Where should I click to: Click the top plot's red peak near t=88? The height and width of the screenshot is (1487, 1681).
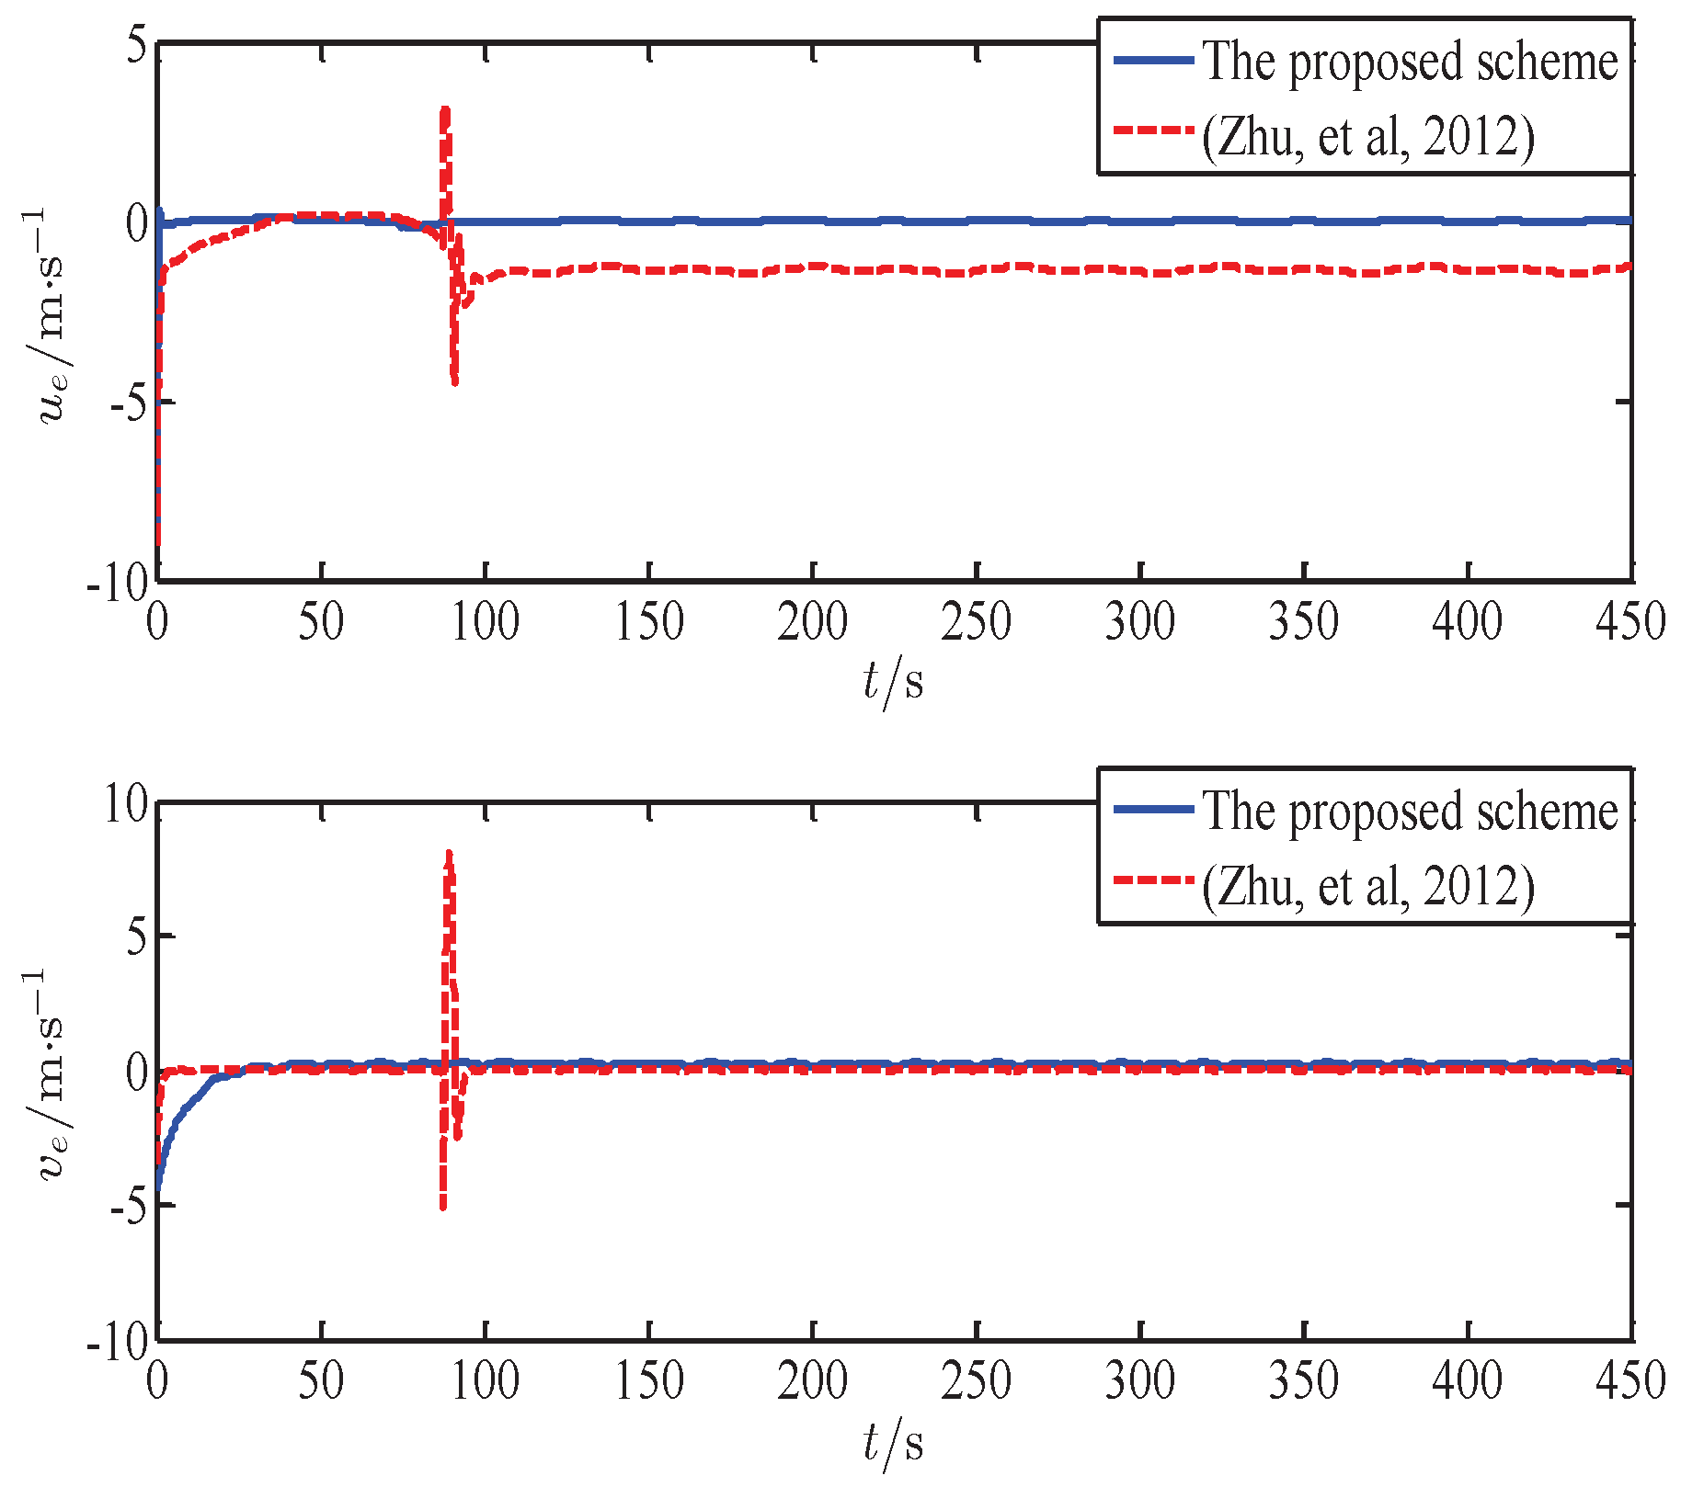tap(445, 111)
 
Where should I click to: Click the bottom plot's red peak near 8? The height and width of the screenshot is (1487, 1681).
tap(449, 855)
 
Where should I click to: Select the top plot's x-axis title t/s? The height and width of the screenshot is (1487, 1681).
tap(893, 683)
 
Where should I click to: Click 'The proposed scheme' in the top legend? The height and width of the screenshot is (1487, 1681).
tap(1411, 62)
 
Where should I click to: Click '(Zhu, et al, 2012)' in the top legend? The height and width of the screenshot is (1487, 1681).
tap(1368, 138)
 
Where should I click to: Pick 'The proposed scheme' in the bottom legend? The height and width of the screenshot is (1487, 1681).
tap(1411, 812)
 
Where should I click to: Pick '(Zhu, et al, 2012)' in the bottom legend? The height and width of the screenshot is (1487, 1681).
tap(1368, 887)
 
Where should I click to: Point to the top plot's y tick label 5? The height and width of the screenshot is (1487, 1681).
tap(136, 44)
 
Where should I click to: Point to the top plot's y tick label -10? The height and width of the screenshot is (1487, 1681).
tap(118, 583)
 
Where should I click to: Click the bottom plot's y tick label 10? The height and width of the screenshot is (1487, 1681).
tap(125, 805)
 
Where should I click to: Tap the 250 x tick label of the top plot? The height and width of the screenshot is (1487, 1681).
tap(976, 621)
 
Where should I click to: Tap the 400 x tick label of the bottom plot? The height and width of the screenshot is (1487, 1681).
tap(1468, 1380)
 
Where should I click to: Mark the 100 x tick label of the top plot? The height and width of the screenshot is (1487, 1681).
tap(485, 621)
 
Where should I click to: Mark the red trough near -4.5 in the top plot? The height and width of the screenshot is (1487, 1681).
tap(454, 380)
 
